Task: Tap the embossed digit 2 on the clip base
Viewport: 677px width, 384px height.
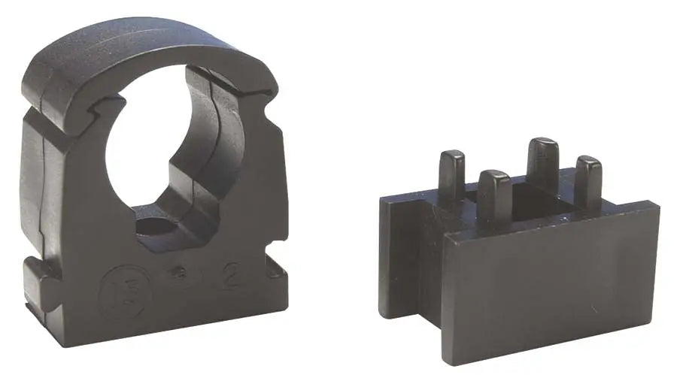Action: [232, 277]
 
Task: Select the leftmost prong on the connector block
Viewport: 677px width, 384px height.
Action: [451, 174]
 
